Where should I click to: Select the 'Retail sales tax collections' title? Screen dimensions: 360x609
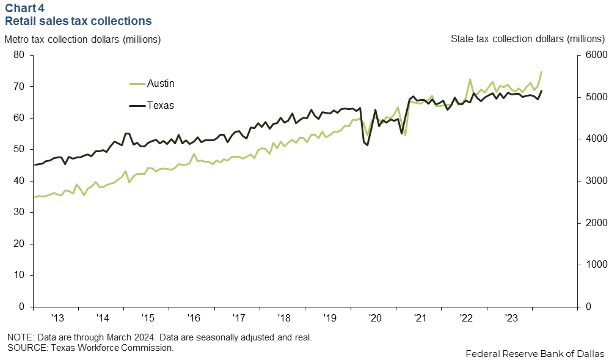click(78, 21)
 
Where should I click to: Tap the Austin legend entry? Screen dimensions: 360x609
click(160, 84)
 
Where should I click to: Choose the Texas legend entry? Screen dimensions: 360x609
click(160, 105)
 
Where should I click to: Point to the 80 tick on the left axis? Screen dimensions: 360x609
click(19, 55)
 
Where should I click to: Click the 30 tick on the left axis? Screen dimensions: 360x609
click(19, 212)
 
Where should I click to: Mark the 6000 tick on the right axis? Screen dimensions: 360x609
click(594, 55)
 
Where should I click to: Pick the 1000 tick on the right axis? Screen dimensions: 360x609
click(594, 265)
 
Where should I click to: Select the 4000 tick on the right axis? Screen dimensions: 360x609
click(594, 139)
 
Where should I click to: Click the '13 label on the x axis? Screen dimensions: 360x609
click(57, 318)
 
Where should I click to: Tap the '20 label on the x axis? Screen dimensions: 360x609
click(374, 318)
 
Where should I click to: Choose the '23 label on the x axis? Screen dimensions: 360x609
click(511, 318)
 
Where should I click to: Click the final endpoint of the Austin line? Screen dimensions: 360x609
click(541, 72)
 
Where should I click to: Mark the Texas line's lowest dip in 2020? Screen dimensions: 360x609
click(368, 145)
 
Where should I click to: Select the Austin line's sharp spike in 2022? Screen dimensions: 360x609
click(470, 79)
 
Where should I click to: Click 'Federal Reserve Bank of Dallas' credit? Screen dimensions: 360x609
click(534, 354)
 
